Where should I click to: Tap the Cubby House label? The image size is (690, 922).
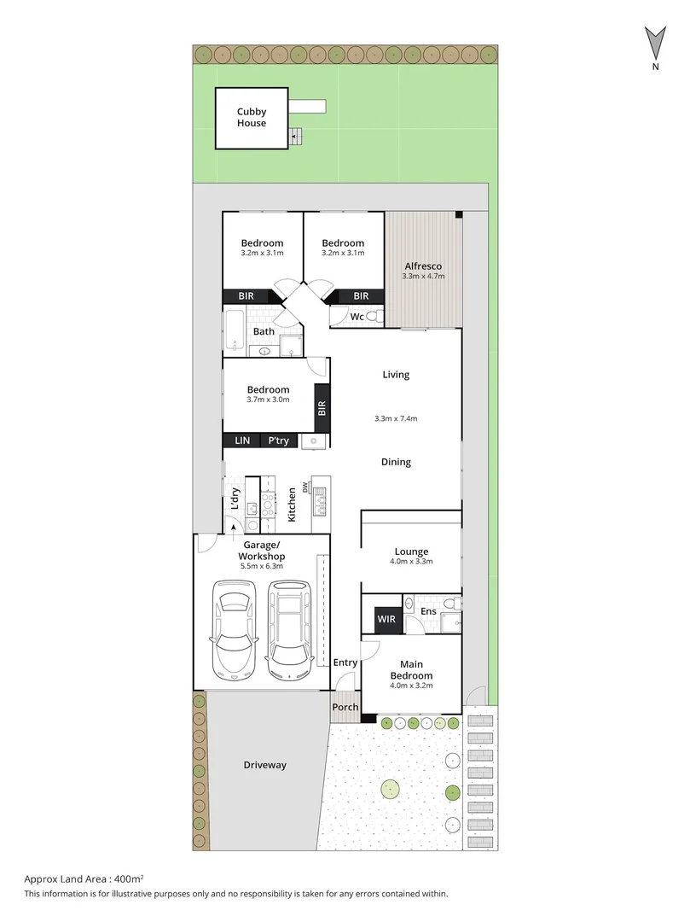(252, 117)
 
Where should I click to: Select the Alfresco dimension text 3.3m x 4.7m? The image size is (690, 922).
(424, 276)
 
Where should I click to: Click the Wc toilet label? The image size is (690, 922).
(357, 317)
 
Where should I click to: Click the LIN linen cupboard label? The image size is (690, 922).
(242, 441)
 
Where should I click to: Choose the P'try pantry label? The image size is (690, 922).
(278, 441)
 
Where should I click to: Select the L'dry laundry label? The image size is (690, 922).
(235, 498)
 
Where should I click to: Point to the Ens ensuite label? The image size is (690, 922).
(428, 611)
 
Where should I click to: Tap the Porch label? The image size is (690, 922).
(345, 707)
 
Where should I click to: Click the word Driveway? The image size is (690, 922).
(264, 765)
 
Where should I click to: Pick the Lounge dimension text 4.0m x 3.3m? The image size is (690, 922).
(411, 561)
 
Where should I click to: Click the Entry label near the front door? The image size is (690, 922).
(345, 662)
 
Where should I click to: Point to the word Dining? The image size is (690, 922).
(396, 462)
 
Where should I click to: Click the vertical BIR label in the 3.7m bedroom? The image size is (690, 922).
(322, 408)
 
